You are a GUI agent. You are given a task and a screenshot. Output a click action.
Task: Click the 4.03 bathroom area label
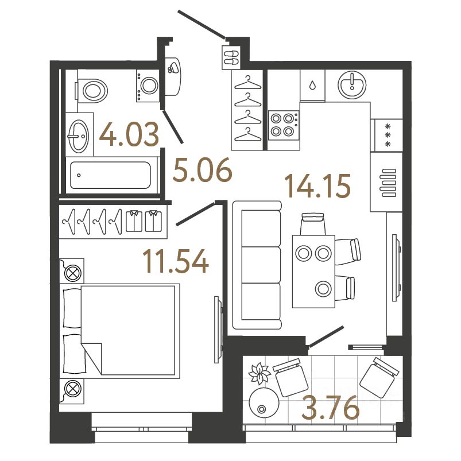[x=128, y=135]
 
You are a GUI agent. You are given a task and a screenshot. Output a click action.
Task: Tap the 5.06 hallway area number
[x=203, y=171]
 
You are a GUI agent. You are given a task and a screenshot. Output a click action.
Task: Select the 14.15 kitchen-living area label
[x=317, y=187]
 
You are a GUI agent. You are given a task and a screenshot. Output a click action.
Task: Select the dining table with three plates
[x=313, y=270]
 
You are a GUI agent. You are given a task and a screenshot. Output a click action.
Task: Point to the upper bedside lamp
[x=73, y=273]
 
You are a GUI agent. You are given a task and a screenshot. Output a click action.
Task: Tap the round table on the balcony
[x=264, y=403]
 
